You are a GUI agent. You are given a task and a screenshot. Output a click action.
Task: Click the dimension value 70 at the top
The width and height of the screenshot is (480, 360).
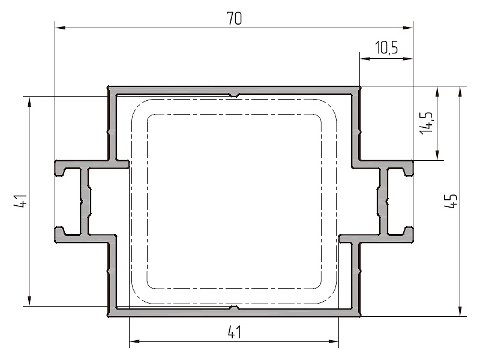[234, 18]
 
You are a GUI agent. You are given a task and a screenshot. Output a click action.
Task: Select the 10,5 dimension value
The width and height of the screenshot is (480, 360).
[386, 47]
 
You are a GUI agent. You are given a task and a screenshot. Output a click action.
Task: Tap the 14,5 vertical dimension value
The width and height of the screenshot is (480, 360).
[427, 122]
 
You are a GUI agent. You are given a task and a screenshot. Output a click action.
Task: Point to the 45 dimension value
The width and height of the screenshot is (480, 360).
[451, 201]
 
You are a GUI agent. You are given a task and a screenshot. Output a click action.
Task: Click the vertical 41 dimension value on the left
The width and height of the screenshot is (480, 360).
[21, 201]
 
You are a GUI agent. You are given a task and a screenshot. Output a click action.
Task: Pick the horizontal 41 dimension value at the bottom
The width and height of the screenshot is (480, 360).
[235, 332]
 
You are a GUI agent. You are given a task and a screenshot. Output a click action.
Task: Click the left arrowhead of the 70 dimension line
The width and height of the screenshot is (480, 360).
[60, 28]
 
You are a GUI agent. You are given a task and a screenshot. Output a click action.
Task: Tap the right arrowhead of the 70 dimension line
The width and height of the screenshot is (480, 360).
[408, 28]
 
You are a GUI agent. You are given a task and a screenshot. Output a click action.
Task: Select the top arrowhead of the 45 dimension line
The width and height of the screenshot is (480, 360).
[460, 92]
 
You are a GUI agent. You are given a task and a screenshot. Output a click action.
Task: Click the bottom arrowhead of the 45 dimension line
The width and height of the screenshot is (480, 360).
[460, 311]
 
